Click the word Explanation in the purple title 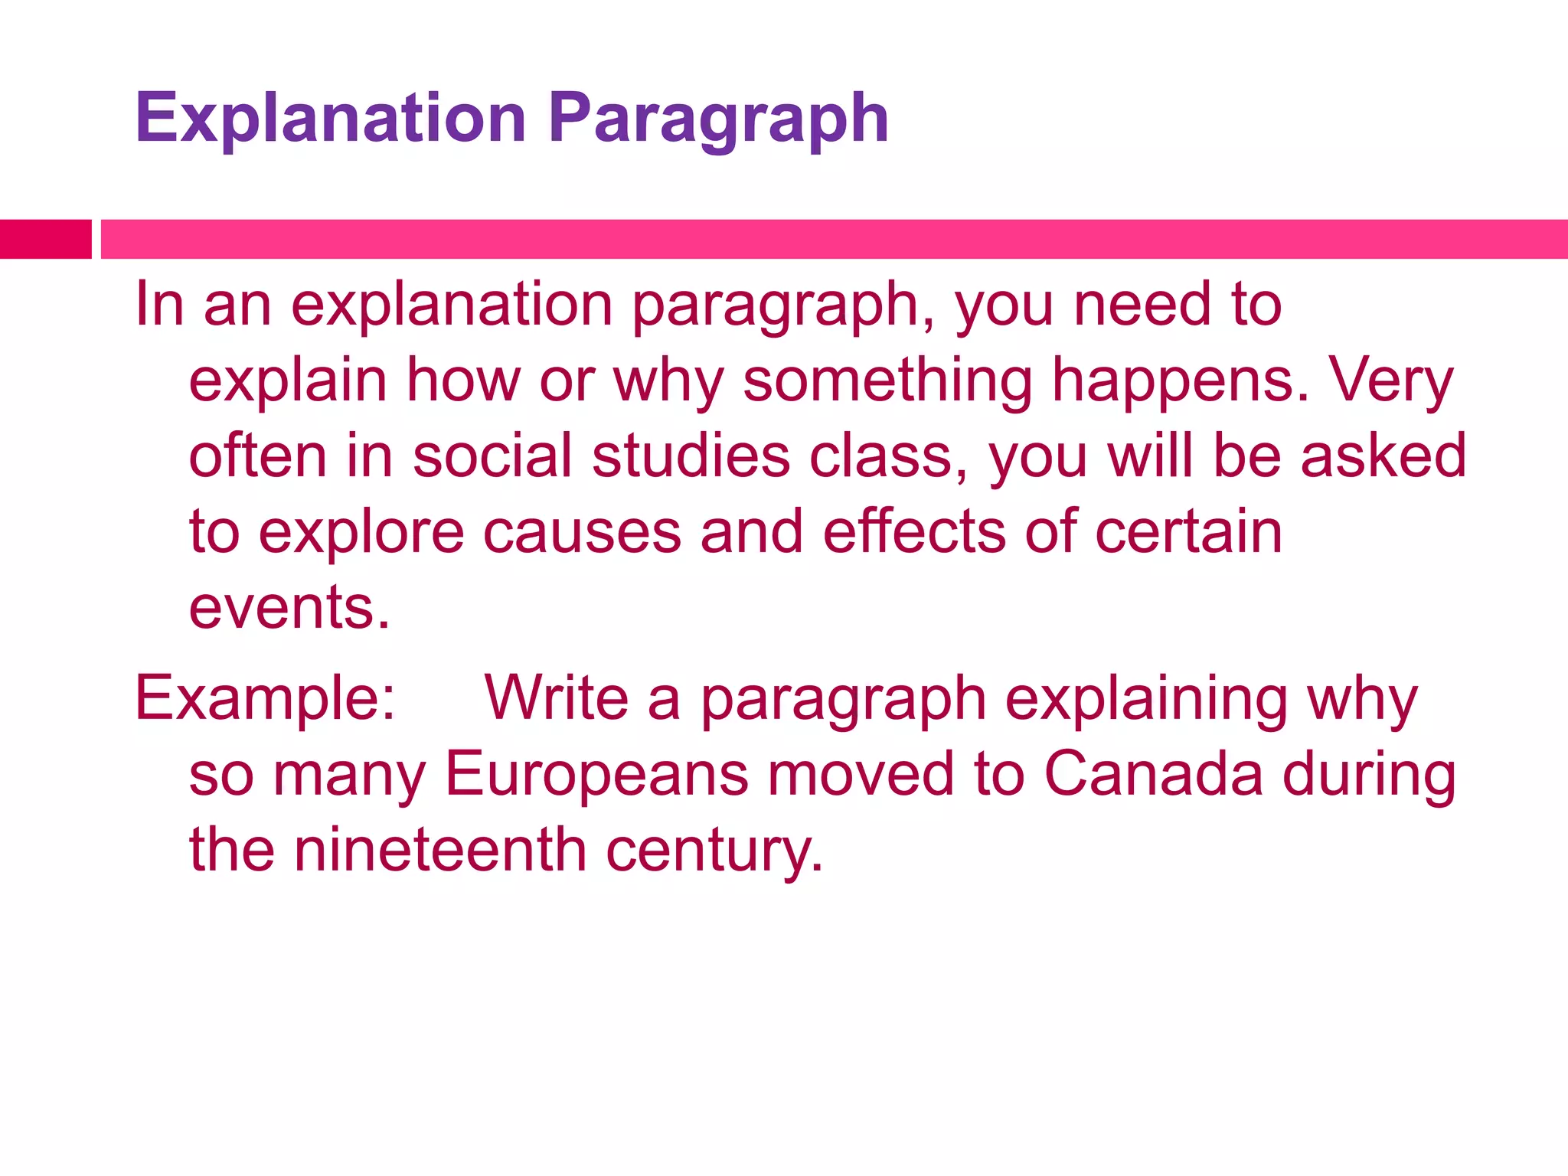click(x=330, y=119)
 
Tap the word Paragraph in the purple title click(x=718, y=119)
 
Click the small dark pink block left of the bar click(x=45, y=239)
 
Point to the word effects click(x=914, y=532)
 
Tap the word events click(x=289, y=607)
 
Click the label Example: click(x=265, y=699)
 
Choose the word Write click(x=557, y=699)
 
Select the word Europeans click(x=596, y=774)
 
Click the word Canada click(x=1153, y=774)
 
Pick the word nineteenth click(x=440, y=850)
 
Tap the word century click(x=714, y=850)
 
